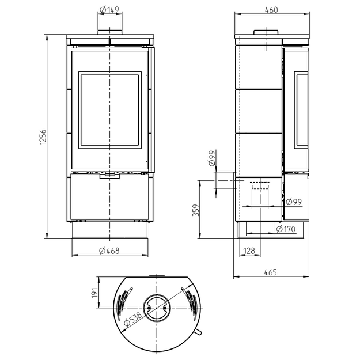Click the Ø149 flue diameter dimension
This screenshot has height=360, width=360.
(109, 10)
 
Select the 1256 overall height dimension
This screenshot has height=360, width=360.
(43, 137)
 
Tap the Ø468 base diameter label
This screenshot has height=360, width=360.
(109, 251)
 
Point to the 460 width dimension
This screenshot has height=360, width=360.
(271, 10)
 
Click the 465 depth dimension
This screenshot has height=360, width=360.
(271, 272)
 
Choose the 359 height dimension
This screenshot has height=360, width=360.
(196, 210)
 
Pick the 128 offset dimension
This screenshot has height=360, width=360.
(249, 251)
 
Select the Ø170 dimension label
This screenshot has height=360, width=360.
(286, 229)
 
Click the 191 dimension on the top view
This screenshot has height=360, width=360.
(95, 293)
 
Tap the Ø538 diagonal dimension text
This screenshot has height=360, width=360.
(133, 319)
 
